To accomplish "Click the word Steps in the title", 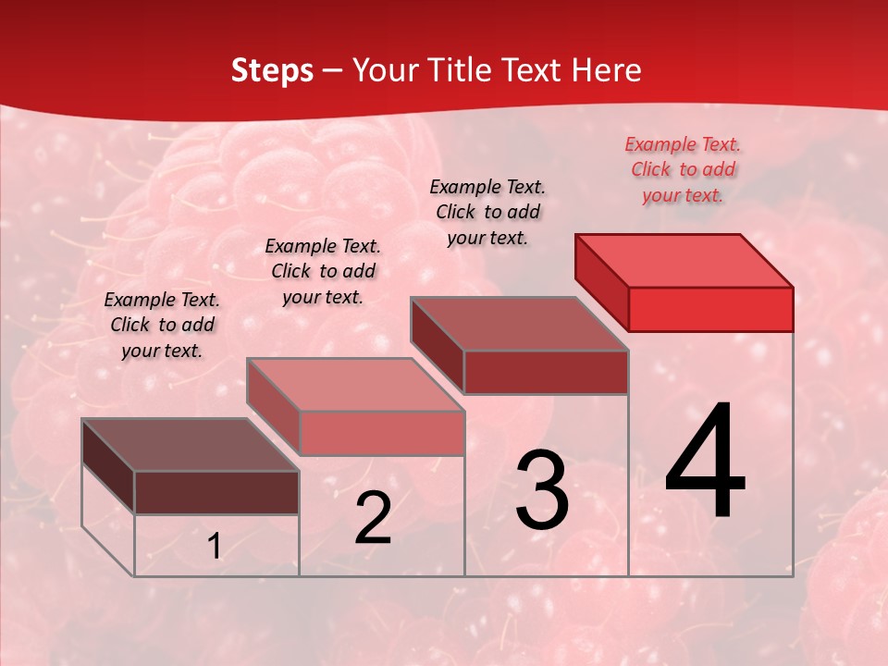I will coord(272,70).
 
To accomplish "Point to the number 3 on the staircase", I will coord(541,490).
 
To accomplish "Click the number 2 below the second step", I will coord(373,518).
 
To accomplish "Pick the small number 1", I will coord(215,547).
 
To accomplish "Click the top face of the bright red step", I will coord(684,260).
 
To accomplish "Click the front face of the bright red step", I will coord(710,309).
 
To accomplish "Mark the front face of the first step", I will coord(216,492).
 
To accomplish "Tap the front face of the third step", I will coord(546,372).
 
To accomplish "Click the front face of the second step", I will coord(382,433).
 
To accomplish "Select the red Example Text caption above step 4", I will coord(683,169).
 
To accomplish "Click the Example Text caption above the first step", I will coord(162,325).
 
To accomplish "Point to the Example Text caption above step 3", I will coord(487,212).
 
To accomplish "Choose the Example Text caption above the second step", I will coord(323,271).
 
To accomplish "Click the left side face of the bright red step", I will coord(601,281).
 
